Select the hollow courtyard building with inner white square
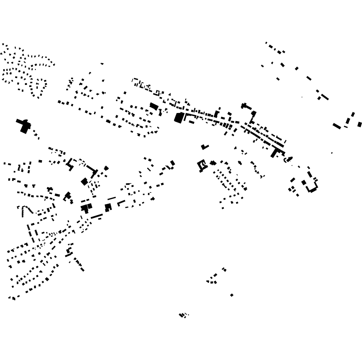[x=202, y=165]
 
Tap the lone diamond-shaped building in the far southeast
[x=232, y=295]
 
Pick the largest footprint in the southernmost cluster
[x=181, y=315]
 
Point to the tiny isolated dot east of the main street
[x=332, y=153]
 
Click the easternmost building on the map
[x=360, y=125]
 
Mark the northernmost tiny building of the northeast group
[x=266, y=43]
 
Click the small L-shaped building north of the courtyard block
[x=204, y=147]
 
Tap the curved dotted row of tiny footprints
[x=23, y=212]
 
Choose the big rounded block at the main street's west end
[x=179, y=118]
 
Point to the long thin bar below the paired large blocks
[x=97, y=216]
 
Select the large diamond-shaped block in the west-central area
[x=84, y=182]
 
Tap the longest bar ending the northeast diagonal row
[x=325, y=97]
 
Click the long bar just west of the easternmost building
[x=337, y=126]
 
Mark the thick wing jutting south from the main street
[x=274, y=153]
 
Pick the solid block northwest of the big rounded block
[x=154, y=106]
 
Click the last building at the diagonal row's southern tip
[x=82, y=270]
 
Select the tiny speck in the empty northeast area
[x=302, y=97]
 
